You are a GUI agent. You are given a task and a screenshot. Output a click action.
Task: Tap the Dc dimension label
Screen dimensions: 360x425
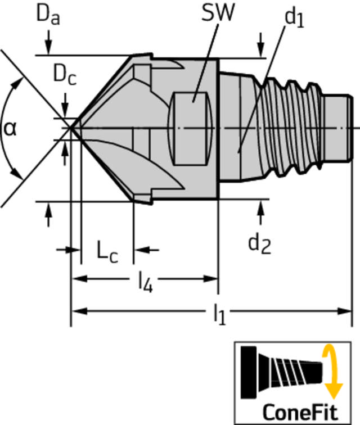tap(65, 75)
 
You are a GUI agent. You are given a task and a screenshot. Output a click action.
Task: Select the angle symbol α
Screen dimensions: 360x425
tap(10, 129)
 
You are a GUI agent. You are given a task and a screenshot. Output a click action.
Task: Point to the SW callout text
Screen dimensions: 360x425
tap(218, 12)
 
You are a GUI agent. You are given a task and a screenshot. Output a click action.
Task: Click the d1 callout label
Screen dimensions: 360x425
tap(294, 18)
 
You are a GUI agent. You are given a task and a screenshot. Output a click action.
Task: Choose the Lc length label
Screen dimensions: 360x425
tap(107, 254)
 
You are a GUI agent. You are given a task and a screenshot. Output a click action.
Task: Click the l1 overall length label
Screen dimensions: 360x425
tap(219, 314)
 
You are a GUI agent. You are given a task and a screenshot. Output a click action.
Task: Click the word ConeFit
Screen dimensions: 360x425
tap(300, 412)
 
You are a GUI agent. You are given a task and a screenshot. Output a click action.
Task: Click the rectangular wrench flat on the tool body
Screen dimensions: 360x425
tap(190, 129)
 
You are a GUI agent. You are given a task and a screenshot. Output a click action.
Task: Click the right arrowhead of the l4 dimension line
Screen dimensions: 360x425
tap(210, 279)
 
